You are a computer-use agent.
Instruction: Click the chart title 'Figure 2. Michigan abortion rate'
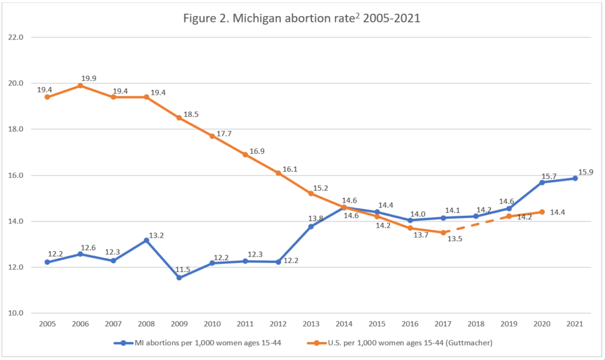(302, 18)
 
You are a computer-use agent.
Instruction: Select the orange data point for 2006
(80, 85)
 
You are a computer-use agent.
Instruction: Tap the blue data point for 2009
(179, 278)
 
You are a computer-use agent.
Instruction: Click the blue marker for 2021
(574, 178)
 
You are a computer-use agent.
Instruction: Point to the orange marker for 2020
(541, 212)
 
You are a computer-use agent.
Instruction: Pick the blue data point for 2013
(311, 226)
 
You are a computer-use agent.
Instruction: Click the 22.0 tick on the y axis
(17, 37)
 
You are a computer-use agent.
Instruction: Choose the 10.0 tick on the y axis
(17, 313)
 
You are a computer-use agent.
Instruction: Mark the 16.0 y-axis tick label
(17, 176)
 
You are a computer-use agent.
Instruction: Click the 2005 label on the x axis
(47, 324)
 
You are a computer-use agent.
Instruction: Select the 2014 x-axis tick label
(344, 324)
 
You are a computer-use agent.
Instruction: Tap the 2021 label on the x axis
(575, 324)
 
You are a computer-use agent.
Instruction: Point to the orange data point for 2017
(443, 232)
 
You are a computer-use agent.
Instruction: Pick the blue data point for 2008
(146, 240)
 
